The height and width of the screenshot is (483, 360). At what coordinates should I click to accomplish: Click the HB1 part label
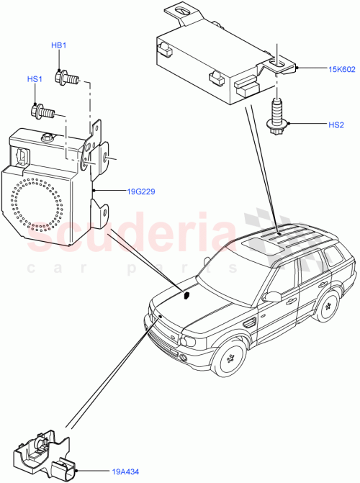click(58, 46)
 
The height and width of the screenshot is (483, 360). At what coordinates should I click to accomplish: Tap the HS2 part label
click(336, 125)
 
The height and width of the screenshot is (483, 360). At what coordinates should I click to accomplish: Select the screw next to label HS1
click(43, 112)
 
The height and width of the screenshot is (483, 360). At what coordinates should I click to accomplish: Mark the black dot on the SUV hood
click(185, 294)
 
